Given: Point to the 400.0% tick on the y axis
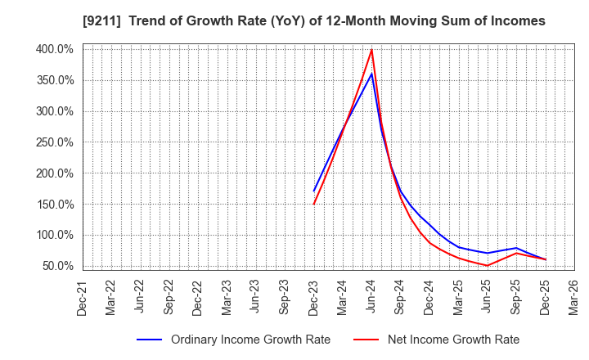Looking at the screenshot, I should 53,49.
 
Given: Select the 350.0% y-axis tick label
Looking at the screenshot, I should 53,80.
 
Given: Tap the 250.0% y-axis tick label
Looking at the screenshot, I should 53,142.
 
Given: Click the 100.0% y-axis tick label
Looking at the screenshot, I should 53,236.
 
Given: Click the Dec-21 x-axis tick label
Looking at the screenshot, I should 83,296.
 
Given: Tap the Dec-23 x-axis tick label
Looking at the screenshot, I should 314,296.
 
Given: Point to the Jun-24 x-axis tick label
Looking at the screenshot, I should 372,296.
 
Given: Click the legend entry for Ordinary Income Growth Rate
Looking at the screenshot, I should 250,340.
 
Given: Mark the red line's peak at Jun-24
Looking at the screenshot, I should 372,50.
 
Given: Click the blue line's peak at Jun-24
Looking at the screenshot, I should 372,74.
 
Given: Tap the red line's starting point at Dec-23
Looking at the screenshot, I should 314,204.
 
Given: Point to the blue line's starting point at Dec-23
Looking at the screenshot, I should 314,191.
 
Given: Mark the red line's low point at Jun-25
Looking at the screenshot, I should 488,265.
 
